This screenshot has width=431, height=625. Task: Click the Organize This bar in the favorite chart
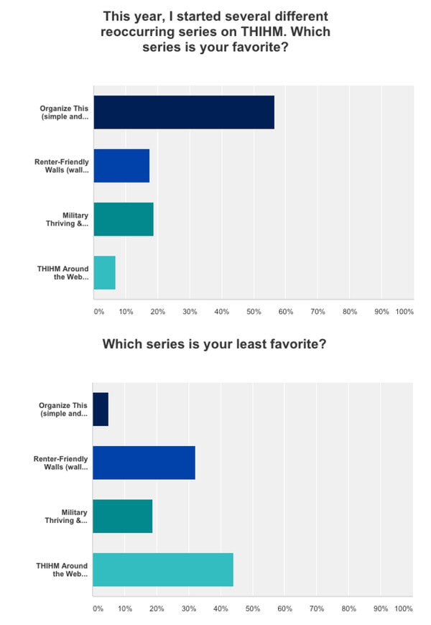coord(183,112)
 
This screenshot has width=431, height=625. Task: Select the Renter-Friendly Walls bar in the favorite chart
coord(121,165)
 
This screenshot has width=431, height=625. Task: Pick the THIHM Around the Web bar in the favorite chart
coord(104,272)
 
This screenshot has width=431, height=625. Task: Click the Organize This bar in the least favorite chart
coord(101,409)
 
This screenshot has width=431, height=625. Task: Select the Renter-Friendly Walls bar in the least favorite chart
coord(144,463)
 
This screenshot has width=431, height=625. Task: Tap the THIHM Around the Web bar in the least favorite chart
coord(163,570)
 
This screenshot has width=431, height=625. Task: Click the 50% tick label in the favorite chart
coord(253,312)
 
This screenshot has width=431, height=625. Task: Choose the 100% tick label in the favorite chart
coord(404,312)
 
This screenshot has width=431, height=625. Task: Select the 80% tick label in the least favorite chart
coord(348,608)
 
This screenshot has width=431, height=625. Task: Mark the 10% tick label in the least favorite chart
coord(125,608)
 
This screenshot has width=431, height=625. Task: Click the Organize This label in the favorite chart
coord(65,112)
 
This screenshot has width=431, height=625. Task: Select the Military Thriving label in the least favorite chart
coord(68,516)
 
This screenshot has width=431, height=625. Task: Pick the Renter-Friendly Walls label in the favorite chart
coord(62,165)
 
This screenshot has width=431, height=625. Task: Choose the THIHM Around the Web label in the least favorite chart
coord(62,570)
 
